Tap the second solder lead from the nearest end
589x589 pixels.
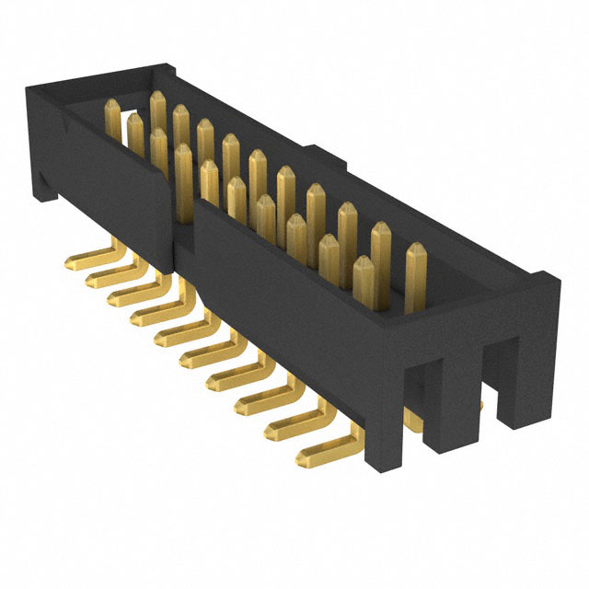click(x=282, y=428)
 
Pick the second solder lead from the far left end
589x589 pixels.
click(x=101, y=273)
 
